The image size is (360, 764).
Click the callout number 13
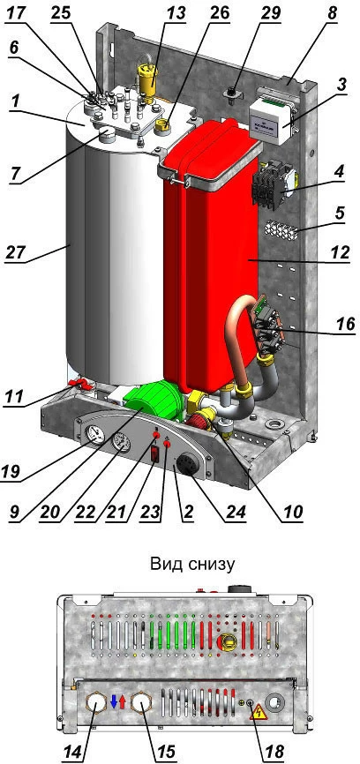[x=175, y=13]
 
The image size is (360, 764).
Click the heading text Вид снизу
[x=193, y=565]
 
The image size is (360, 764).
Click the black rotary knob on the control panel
[x=187, y=462]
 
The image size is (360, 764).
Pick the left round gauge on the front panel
[x=94, y=434]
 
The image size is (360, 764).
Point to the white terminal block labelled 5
[x=281, y=229]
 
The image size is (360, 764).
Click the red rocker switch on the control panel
[x=156, y=454]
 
